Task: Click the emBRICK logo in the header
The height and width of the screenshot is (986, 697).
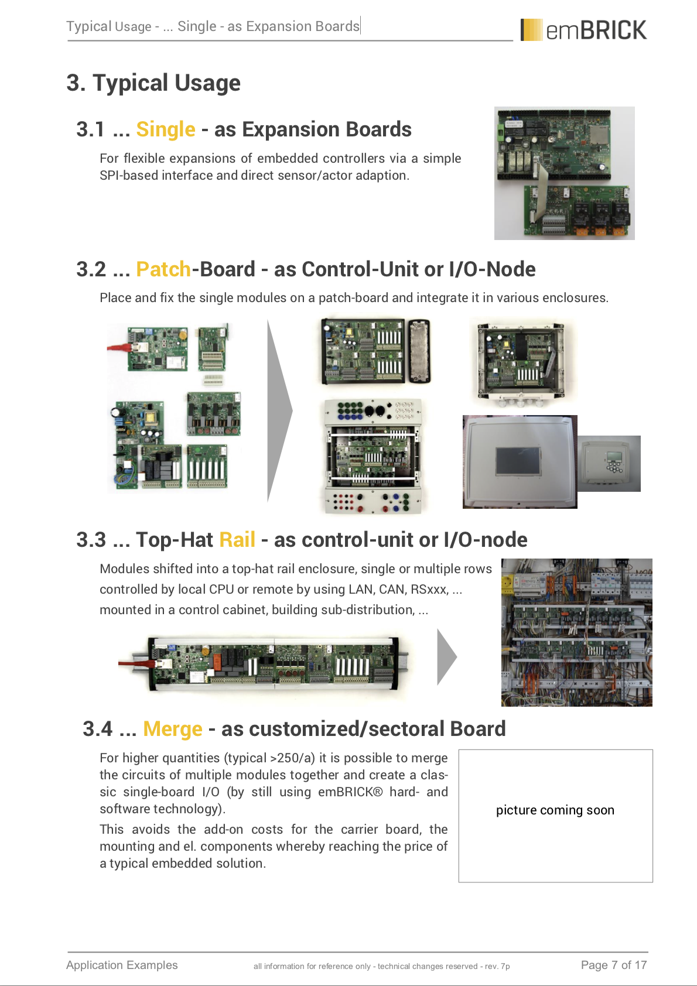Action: click(x=583, y=30)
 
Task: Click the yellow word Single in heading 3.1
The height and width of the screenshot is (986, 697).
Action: click(x=166, y=129)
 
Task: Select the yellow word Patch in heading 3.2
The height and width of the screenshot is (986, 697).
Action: click(x=163, y=269)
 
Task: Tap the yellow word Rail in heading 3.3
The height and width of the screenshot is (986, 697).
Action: click(x=237, y=540)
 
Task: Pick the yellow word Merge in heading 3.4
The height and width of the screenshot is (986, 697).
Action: click(x=173, y=729)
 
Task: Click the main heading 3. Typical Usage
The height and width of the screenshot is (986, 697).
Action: click(x=153, y=83)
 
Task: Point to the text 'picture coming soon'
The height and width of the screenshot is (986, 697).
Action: click(x=555, y=810)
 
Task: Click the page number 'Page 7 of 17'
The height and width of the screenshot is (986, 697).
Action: click(x=614, y=965)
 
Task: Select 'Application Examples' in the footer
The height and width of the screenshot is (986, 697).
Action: click(x=122, y=965)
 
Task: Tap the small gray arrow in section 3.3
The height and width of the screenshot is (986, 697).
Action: click(x=446, y=657)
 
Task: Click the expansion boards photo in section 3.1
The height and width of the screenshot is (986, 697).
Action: click(x=564, y=173)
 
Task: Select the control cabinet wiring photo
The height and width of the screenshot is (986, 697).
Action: click(x=577, y=632)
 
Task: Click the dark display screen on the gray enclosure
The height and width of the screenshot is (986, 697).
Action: click(x=518, y=461)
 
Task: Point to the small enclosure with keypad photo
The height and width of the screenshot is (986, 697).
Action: click(x=609, y=464)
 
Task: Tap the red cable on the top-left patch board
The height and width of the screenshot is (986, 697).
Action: click(x=119, y=348)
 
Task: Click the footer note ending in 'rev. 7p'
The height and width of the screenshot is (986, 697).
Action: click(x=381, y=966)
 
